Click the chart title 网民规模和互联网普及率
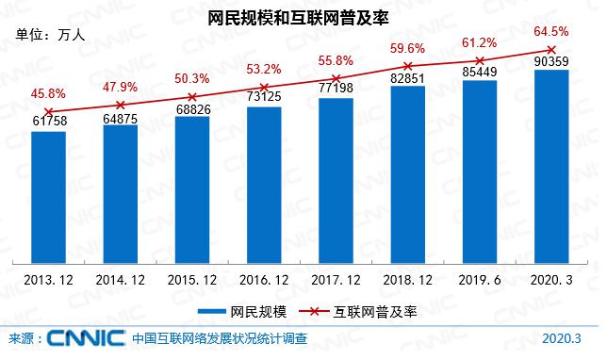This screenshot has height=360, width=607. coord(298,18)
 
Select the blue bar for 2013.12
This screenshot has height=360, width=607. coord(48,197)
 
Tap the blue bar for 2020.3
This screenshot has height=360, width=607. coord(551,167)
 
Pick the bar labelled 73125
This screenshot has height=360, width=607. coord(264,186)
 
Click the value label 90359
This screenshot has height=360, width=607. coord(551,61)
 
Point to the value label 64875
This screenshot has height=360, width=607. coord(120,119)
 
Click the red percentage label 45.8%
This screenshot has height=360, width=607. coord(48,93)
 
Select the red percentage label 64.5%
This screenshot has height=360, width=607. coord(551,31)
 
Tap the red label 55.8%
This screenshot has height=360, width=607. coord(336,60)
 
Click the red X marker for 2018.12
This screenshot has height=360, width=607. coord(407,66)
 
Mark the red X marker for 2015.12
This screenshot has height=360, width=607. coord(192,97)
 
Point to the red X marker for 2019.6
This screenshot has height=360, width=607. coord(480,60)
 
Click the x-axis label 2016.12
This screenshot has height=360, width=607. coord(264,280)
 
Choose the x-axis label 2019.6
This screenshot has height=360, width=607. coord(480,280)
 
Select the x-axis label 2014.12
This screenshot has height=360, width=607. coord(120,280)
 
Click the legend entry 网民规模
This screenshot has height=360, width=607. coord(243,312)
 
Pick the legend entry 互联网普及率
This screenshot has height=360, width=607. coord(358,312)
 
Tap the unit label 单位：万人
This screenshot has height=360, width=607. coord(50,35)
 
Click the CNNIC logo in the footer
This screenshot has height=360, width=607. coord(86,338)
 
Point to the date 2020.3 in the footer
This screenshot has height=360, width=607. coord(562,338)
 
